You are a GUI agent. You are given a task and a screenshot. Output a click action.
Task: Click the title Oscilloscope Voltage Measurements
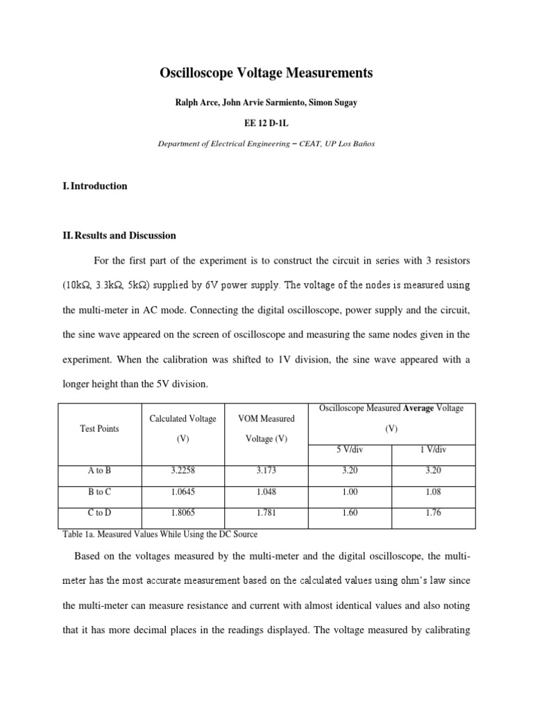[x=266, y=73]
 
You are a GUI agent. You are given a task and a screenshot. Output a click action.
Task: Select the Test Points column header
[x=99, y=428]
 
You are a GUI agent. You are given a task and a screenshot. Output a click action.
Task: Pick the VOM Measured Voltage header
[x=266, y=428]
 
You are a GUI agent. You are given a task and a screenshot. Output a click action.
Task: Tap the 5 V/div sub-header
[x=349, y=450]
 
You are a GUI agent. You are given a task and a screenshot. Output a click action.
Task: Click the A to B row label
[x=99, y=471]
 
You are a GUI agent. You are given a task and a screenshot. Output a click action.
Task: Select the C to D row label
[x=99, y=514]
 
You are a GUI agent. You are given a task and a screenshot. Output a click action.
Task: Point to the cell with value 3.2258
[x=183, y=471]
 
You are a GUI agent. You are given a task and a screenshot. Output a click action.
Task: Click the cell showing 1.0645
[x=183, y=492]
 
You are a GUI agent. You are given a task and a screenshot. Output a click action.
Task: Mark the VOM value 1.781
[x=266, y=514]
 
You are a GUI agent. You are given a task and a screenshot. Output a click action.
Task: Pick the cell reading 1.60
[x=349, y=514]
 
